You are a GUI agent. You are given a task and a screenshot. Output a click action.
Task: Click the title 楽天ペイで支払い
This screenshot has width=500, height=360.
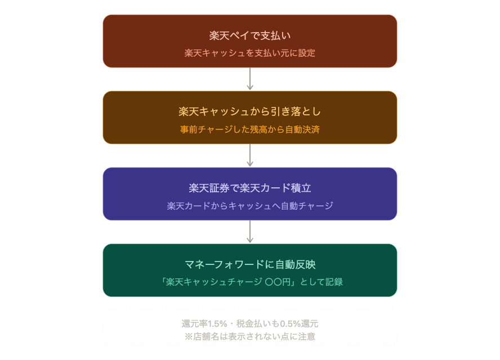coord(250,35)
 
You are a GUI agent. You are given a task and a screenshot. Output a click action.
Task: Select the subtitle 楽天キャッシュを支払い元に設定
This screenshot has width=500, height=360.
coord(250,53)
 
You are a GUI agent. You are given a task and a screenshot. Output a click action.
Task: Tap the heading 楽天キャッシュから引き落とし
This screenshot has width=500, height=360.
coord(250,111)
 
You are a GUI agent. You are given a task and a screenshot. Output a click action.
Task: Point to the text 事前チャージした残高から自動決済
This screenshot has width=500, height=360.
coord(250,129)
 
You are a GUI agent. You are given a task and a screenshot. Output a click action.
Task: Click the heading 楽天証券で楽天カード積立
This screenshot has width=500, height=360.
coord(250,188)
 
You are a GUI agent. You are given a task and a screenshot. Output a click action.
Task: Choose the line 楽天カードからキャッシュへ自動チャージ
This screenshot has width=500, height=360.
coord(250,206)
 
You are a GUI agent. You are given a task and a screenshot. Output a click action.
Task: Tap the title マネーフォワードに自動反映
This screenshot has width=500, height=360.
coord(250,264)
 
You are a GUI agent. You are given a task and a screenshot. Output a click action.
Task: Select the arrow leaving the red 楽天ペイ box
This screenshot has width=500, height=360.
coord(250,79)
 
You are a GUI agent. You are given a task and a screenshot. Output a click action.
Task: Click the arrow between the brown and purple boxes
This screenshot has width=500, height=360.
coord(250,156)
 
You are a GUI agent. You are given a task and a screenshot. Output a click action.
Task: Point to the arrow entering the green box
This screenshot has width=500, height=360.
coord(250,232)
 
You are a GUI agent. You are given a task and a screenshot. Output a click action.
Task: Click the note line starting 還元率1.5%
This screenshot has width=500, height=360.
coord(250,324)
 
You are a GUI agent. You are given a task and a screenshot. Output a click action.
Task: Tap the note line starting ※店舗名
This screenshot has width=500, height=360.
coord(250,336)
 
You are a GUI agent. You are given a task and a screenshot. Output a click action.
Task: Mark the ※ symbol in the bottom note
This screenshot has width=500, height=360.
coord(189,336)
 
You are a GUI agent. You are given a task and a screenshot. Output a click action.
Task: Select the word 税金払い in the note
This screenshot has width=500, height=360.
coord(256,324)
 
